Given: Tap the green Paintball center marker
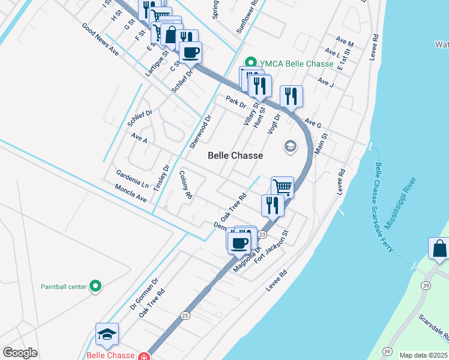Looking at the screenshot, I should (x=95, y=286).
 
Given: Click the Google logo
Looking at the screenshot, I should (x=20, y=353).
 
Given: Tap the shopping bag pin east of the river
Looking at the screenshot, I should (x=439, y=248).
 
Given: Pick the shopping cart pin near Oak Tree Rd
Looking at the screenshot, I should (x=282, y=187).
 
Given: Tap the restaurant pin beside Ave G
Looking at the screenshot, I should (x=291, y=96).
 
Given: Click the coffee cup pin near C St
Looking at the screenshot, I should (x=190, y=52).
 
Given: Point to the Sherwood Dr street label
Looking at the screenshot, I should (x=201, y=133).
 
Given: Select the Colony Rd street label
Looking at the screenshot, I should (x=185, y=185).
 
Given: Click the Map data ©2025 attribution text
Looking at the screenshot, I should (x=424, y=355).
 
